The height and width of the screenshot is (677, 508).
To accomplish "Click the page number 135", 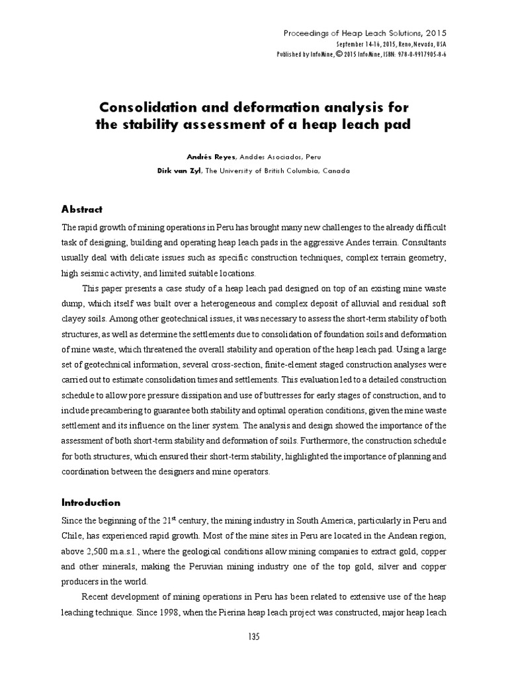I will tap(254, 637).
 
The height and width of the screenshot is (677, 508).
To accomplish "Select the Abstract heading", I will tap(81, 210).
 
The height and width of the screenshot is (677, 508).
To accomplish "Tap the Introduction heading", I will tap(91, 502).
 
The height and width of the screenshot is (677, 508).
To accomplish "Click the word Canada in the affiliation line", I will tap(335, 171).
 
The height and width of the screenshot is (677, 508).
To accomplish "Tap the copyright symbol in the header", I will tap(339, 54).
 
